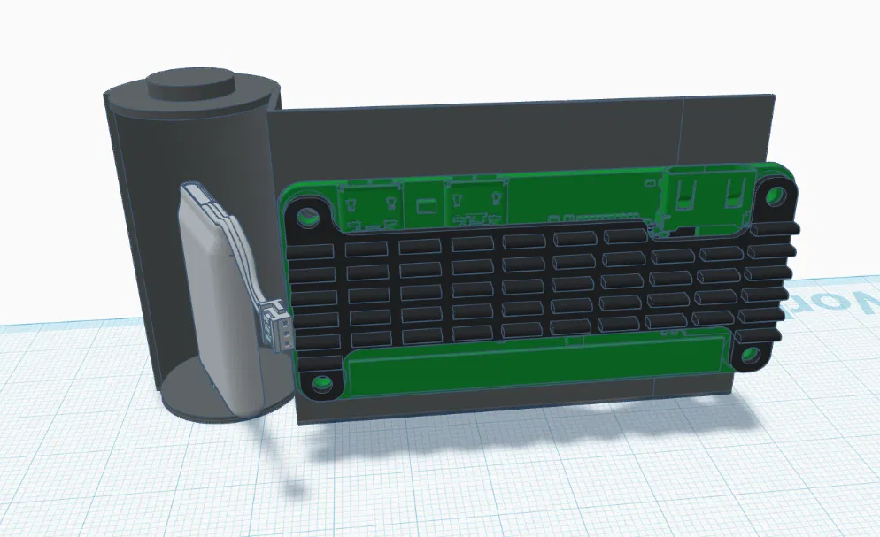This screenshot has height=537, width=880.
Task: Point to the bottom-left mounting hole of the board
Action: pyautogui.click(x=320, y=385)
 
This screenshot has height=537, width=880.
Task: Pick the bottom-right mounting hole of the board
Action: pyautogui.click(x=749, y=356)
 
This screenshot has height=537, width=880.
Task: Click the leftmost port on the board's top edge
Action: pyautogui.click(x=371, y=205)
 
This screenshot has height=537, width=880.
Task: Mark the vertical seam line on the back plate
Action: pyautogui.click(x=683, y=133)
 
